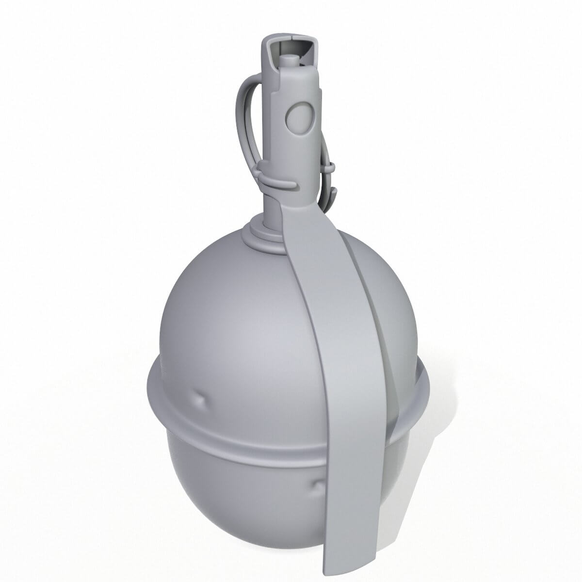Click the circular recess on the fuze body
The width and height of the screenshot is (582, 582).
click(x=297, y=117)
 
